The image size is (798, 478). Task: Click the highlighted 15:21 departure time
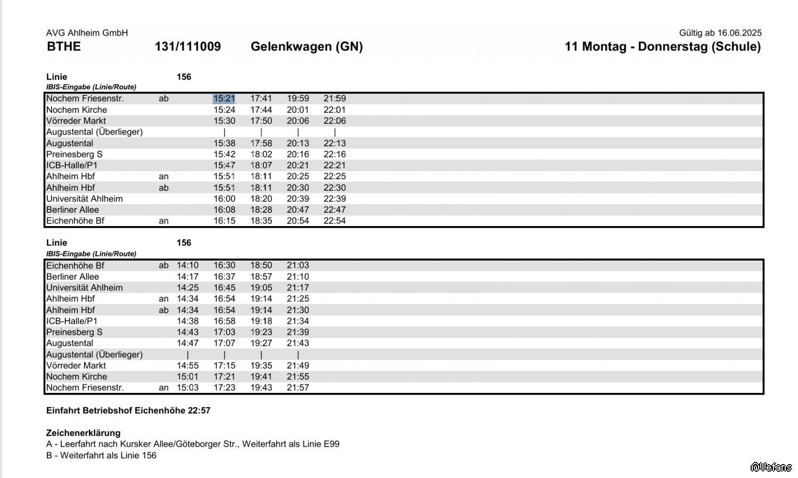(224, 98)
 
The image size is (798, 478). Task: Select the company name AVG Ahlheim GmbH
(87, 33)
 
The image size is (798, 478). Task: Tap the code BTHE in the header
(64, 47)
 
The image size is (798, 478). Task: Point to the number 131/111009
(188, 47)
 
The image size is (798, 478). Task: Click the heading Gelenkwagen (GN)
(306, 47)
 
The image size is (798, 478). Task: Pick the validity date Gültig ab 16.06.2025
(720, 33)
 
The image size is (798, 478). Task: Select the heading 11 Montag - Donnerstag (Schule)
(662, 47)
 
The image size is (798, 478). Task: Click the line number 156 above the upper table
(184, 77)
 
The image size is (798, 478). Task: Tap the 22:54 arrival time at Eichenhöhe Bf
(335, 221)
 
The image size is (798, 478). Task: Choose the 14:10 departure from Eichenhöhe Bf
(187, 265)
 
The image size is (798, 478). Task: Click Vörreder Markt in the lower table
(76, 366)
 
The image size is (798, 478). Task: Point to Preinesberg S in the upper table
(74, 154)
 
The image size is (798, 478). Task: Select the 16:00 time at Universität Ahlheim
(225, 199)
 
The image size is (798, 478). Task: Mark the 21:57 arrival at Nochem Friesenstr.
(298, 388)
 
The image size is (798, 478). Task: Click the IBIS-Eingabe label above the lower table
(91, 254)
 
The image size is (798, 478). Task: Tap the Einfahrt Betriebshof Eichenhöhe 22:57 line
(128, 410)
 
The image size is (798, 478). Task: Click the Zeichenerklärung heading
(84, 433)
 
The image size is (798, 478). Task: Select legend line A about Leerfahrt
(193, 444)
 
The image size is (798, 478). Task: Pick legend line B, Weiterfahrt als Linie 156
(102, 455)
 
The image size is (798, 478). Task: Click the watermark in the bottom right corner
(771, 467)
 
